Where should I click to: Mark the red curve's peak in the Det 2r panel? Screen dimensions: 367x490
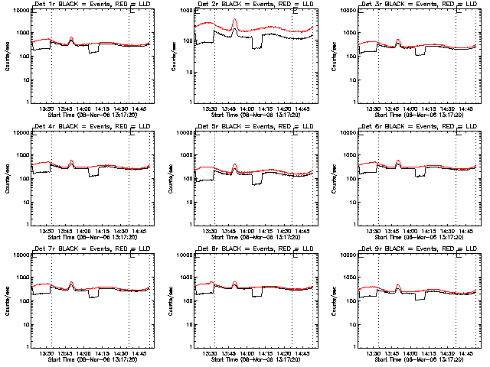tap(235, 20)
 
